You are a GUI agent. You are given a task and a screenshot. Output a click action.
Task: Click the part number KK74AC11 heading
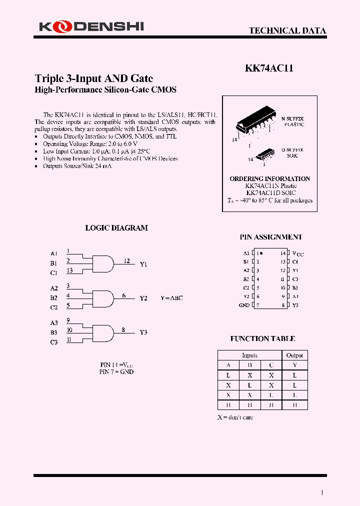point(269,69)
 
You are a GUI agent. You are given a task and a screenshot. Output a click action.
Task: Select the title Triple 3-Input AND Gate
point(94,78)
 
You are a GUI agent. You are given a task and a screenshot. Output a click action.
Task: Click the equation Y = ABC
point(171,298)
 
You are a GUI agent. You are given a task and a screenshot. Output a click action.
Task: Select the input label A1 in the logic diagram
point(54,253)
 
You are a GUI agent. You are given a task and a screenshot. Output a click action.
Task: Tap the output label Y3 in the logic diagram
point(143,332)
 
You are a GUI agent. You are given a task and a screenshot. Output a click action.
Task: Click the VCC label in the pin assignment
point(297,254)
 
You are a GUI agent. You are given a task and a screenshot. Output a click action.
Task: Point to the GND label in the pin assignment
point(244,305)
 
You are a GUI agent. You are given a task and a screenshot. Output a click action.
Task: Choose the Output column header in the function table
point(294,355)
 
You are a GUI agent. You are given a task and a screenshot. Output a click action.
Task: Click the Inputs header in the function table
point(249,355)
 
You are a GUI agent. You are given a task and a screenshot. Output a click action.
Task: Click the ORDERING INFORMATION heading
point(269,178)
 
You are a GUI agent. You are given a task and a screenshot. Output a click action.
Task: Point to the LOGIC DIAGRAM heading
point(116,228)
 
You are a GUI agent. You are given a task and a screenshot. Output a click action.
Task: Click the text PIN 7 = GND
point(116,372)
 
